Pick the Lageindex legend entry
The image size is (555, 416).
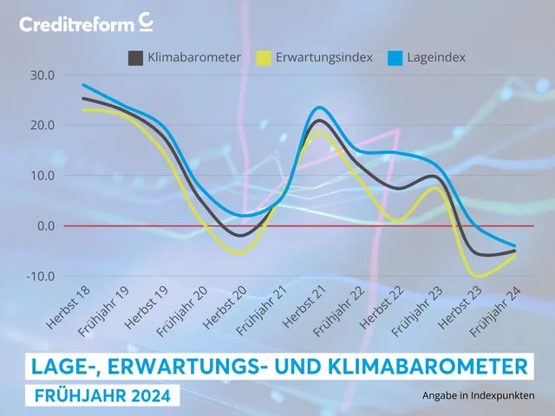[x=429, y=58]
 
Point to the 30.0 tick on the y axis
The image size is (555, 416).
[x=40, y=75]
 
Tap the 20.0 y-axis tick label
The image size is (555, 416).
[x=40, y=125]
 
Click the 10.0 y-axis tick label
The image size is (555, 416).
[x=40, y=175]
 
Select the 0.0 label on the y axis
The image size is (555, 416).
[x=43, y=225]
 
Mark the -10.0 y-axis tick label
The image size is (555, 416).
[x=38, y=276]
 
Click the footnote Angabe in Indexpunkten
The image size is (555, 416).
[x=478, y=396]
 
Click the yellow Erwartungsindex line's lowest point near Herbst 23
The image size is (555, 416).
[x=476, y=276]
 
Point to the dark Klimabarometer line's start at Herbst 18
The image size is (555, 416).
[x=82, y=98]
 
